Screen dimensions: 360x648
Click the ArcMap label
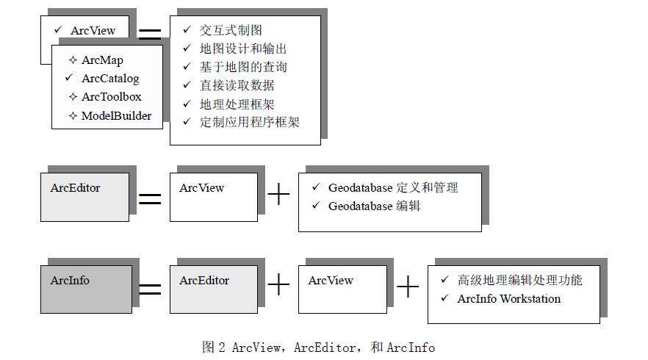point(102,61)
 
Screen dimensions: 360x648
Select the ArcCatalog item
point(110,79)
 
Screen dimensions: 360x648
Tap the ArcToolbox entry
point(111,97)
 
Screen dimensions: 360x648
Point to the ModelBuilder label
point(116,115)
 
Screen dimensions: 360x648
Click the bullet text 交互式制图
point(231,30)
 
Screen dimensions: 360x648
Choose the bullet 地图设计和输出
point(243,48)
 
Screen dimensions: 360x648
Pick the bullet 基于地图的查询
point(243,67)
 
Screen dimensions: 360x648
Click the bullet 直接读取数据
point(237,85)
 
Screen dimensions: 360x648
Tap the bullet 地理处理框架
point(237,104)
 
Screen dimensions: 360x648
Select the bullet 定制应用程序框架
point(249,123)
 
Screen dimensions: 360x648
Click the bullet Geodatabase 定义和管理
point(393,188)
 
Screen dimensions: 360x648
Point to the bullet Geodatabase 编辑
point(374,206)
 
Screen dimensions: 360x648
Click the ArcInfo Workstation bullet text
point(508,299)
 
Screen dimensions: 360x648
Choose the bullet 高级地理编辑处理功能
point(519,281)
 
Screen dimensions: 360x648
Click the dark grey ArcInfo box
point(86,289)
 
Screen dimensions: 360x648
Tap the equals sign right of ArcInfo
point(150,289)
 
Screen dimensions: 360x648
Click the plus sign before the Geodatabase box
point(278,195)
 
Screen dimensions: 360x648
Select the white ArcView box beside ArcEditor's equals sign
point(214,197)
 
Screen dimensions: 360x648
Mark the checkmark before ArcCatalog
point(70,78)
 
